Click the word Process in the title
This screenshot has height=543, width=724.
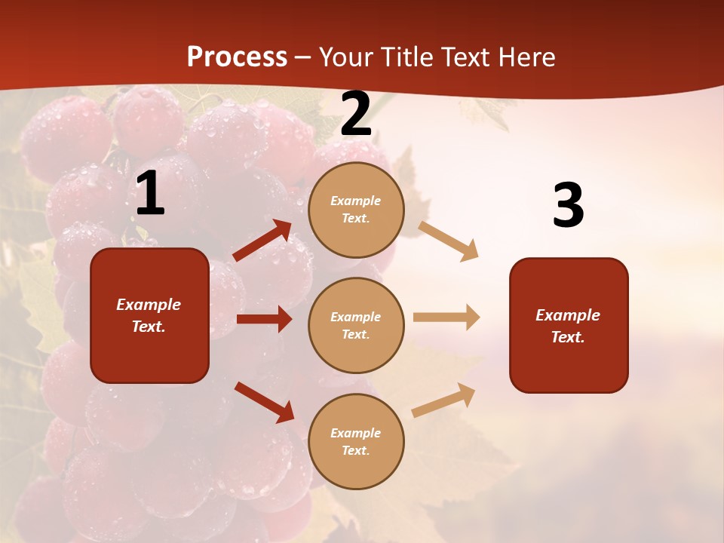point(237,57)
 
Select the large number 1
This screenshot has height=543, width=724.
point(150,194)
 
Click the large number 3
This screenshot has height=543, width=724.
point(568,206)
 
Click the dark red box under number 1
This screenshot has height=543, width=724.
point(149,315)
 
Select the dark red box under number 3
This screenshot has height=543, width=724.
point(569,325)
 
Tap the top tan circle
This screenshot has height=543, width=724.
point(356,210)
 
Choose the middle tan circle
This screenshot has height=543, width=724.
point(356,325)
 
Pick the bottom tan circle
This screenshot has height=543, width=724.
point(356,441)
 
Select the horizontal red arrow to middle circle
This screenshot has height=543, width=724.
point(264,319)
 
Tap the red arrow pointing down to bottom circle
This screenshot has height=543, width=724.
point(264,402)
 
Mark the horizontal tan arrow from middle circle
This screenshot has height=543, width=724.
point(446,317)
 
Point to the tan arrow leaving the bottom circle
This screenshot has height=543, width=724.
point(443,400)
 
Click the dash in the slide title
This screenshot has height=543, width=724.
point(303,58)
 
